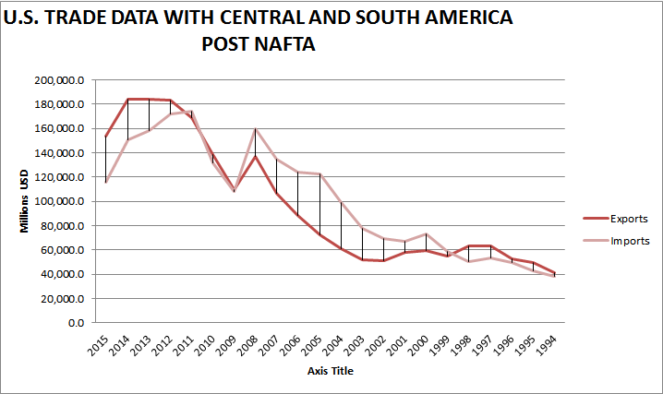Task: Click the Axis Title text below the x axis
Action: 331,371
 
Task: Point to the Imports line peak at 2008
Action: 256,129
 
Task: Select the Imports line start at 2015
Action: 106,182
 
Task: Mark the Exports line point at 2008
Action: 256,156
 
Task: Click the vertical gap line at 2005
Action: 319,203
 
